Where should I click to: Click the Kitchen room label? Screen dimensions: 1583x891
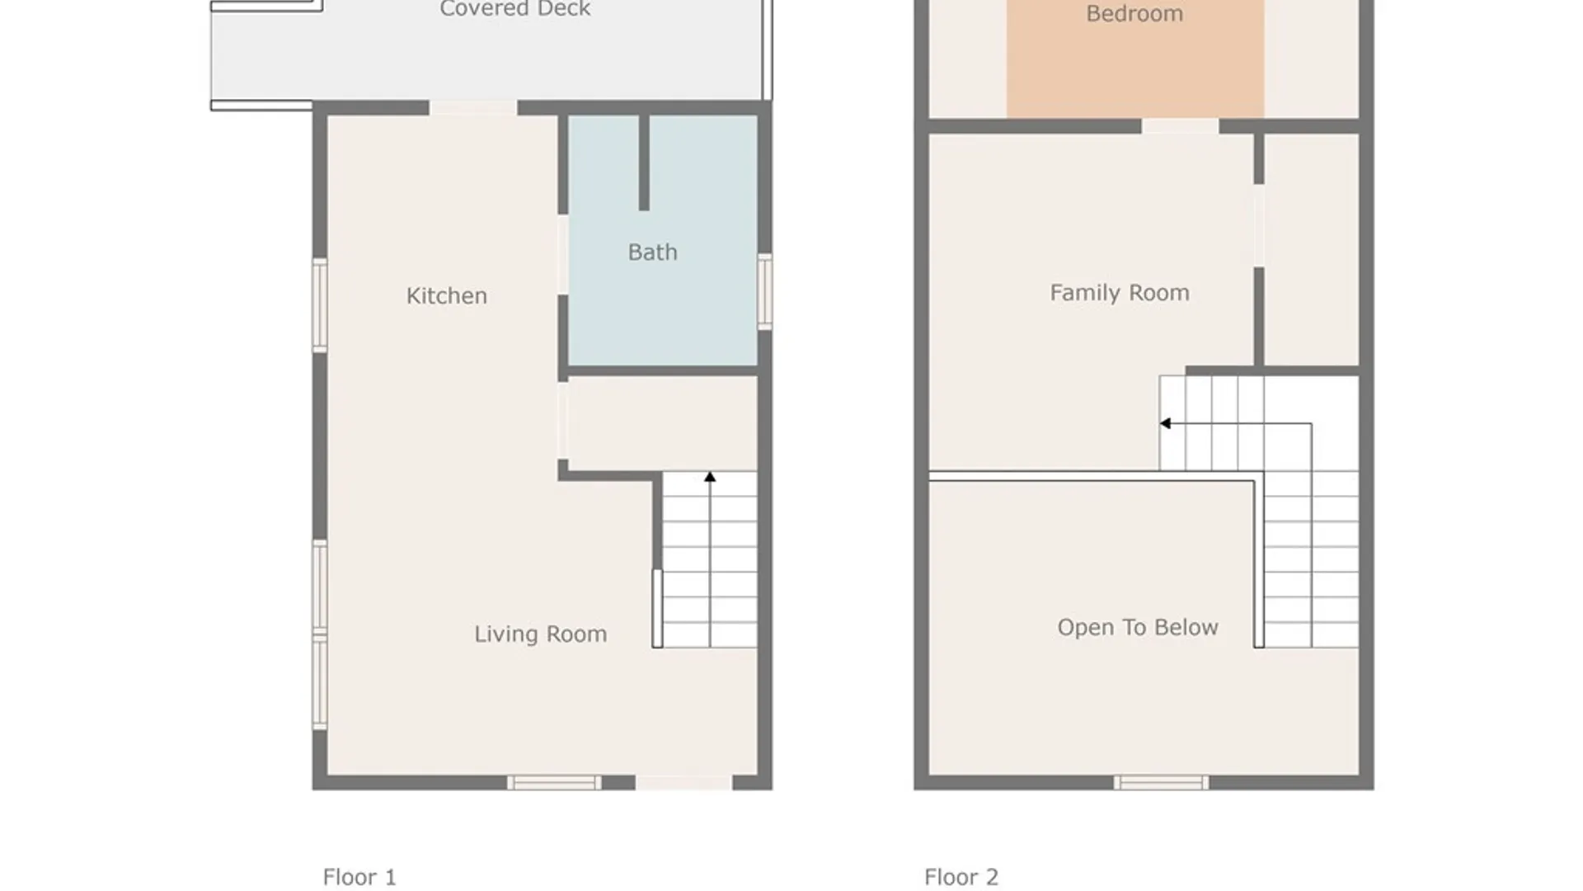coord(446,295)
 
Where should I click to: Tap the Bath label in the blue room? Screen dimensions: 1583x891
coord(652,252)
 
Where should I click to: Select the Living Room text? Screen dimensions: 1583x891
coord(540,634)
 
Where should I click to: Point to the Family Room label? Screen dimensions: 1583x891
coord(1119,293)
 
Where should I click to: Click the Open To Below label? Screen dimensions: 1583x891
coord(1137,627)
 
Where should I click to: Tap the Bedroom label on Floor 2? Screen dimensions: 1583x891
coord(1134,14)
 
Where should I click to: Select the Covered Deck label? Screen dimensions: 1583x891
coord(514,9)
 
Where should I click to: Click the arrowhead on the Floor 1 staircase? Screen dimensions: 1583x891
coord(710,477)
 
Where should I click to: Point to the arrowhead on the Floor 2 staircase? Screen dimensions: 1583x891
coord(1165,423)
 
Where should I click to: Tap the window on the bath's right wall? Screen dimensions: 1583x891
coord(765,291)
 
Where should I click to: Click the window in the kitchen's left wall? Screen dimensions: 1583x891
coord(320,305)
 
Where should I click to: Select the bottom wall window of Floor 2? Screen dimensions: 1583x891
coord(1161,782)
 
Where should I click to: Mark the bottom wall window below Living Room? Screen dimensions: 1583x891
coord(554,782)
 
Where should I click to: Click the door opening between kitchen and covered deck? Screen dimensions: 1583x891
coord(473,108)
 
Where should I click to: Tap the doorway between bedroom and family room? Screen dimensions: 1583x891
coord(1180,126)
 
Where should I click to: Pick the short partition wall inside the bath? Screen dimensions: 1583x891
coord(644,163)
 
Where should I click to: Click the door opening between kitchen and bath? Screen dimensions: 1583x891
coord(563,255)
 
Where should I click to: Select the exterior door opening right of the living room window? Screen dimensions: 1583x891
coord(683,782)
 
